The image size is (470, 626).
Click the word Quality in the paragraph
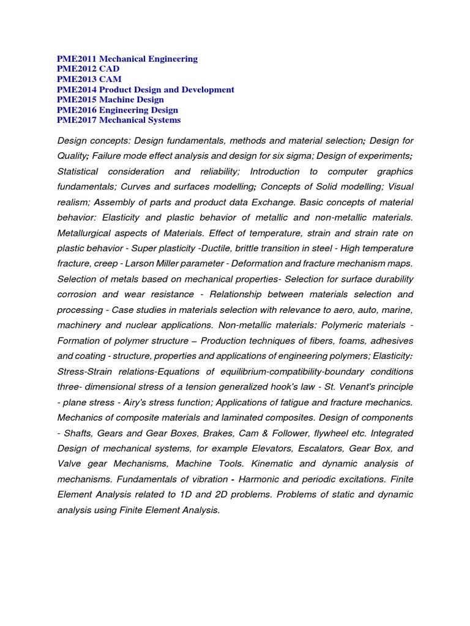tap(72, 156)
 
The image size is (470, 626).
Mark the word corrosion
tap(76, 294)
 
